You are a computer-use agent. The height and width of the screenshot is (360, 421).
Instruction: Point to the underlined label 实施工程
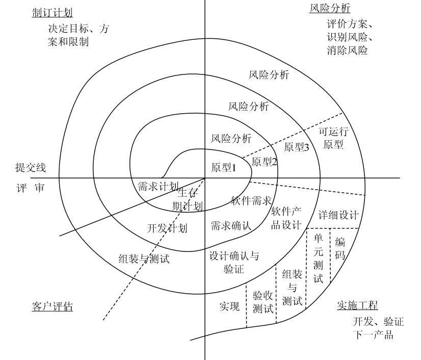coord(357,305)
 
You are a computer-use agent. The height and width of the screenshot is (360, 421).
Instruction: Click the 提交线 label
coord(31,167)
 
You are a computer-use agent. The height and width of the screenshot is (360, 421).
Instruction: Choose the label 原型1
coord(223,167)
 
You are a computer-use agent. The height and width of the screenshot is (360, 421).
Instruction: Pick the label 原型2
coord(265,162)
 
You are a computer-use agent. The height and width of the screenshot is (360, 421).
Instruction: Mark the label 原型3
coord(297,147)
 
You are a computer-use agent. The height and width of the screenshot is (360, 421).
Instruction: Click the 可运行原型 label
coord(331,138)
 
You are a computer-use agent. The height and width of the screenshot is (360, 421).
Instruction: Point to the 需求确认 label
coord(231,225)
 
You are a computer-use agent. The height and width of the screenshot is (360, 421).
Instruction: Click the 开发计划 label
coord(167,228)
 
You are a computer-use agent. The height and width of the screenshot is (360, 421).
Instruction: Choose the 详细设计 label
coord(339,214)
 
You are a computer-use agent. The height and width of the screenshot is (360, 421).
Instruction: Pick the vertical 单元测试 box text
coord(318,259)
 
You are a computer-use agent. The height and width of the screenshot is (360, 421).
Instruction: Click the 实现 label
coord(229,306)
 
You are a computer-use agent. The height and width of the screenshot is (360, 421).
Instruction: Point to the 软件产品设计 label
coord(286,218)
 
